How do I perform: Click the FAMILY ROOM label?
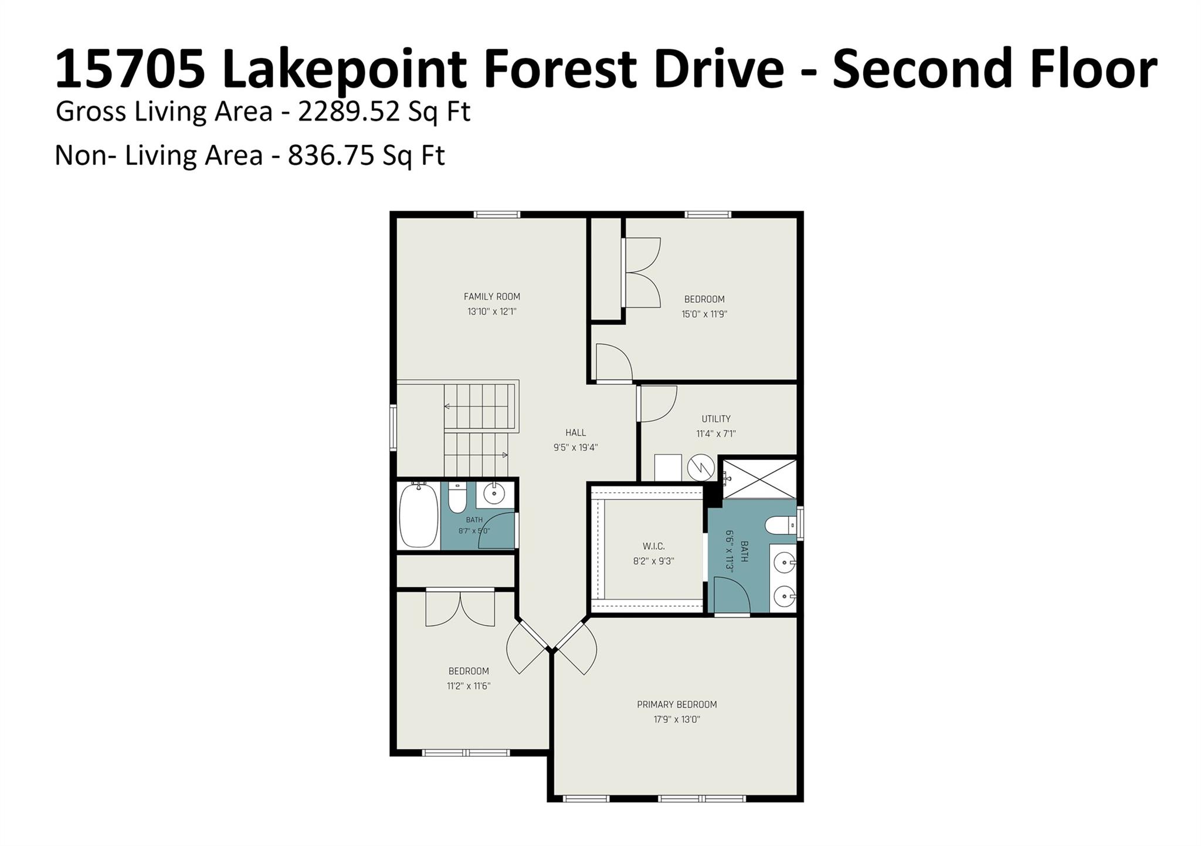pos(492,297)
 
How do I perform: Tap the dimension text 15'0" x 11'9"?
pos(704,314)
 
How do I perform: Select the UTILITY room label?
pos(716,419)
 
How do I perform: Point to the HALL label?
pos(575,433)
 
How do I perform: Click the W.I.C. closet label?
pos(653,546)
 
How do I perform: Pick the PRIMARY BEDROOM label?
pos(677,705)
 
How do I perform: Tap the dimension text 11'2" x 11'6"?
pos(469,686)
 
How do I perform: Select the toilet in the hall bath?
pos(457,498)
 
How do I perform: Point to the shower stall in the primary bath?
pos(759,479)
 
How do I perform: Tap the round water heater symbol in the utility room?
pos(701,468)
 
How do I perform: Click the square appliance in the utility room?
pos(668,468)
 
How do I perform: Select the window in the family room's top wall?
pos(497,215)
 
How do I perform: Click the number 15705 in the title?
pos(130,69)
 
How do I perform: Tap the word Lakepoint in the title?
pos(344,70)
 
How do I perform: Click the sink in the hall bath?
pos(494,494)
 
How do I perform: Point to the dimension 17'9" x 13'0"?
pos(677,720)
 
